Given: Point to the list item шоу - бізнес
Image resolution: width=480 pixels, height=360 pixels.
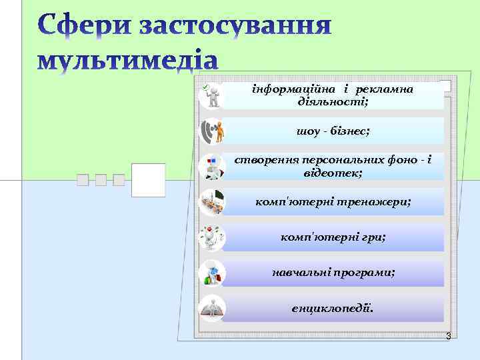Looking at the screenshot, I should tap(333, 131).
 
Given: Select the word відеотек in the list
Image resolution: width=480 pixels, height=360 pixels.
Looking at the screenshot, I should tap(330, 173).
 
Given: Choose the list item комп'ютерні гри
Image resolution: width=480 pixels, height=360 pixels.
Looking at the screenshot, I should tap(333, 237).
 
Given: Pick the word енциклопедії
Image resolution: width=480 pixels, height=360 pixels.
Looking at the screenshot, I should tap(333, 309).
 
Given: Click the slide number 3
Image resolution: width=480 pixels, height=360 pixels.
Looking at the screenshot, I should tap(448, 337).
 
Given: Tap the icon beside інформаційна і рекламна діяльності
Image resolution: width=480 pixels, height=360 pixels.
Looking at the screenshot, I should tap(212, 95).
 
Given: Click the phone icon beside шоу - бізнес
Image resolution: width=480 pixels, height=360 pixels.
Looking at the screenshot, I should tap(212, 131).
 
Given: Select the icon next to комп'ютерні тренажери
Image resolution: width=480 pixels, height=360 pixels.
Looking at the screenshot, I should tap(212, 202).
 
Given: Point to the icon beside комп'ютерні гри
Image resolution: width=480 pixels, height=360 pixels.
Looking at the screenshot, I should tap(212, 237).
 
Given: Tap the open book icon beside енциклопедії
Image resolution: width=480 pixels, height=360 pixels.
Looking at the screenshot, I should tap(212, 309).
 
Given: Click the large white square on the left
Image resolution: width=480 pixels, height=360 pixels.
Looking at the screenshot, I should tap(148, 180).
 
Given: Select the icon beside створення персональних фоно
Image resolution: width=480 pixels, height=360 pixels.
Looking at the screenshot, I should tap(212, 167).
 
